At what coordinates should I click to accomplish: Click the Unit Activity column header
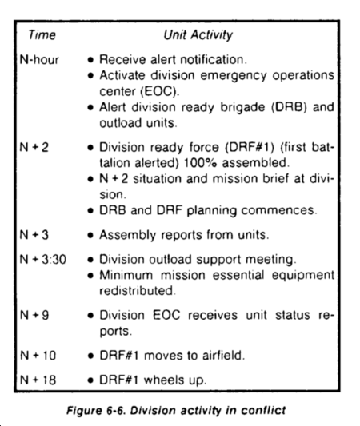(x=198, y=36)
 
